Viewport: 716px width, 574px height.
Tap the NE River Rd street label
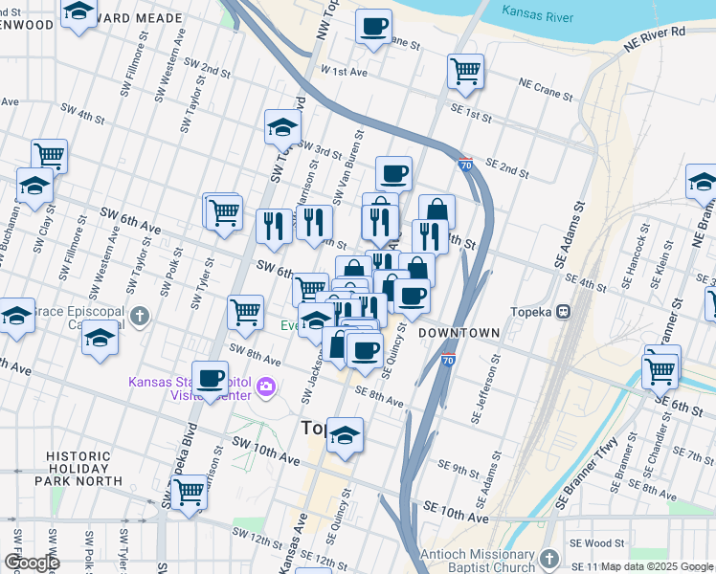coord(654,36)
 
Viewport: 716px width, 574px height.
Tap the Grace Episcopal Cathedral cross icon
coord(140,316)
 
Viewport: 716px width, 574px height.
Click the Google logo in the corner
coord(32,563)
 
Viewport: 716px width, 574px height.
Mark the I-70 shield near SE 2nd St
coord(464,165)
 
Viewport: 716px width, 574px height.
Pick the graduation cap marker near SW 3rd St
coord(283,125)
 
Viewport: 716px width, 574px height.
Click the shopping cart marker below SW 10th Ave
coord(189,492)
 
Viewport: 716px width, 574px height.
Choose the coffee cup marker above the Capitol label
coord(210,377)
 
